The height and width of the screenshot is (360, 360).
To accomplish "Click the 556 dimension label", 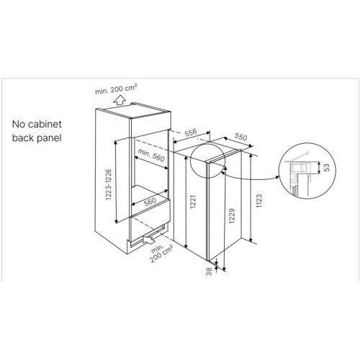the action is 191,132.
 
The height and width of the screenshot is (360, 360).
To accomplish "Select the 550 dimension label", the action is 240,137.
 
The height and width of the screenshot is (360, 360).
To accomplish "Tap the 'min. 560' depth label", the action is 151,155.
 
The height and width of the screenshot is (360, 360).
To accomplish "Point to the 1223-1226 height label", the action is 109,184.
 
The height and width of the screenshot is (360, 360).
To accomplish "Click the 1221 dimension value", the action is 193,202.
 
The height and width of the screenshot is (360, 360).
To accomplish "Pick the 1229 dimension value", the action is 232,216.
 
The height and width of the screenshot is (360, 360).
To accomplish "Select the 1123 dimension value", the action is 259,201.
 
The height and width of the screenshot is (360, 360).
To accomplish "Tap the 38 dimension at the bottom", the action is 209,271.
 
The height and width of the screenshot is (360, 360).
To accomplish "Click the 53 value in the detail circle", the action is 327,167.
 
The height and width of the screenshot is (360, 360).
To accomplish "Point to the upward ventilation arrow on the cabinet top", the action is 120,100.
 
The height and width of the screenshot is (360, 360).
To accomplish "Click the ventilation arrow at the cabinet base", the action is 149,240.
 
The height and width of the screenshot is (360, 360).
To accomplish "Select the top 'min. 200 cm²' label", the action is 116,89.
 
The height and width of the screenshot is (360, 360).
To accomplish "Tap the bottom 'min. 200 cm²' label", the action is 161,253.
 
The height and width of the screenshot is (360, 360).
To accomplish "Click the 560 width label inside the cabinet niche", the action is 150,202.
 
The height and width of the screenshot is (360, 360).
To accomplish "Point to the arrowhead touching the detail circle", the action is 277,177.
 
